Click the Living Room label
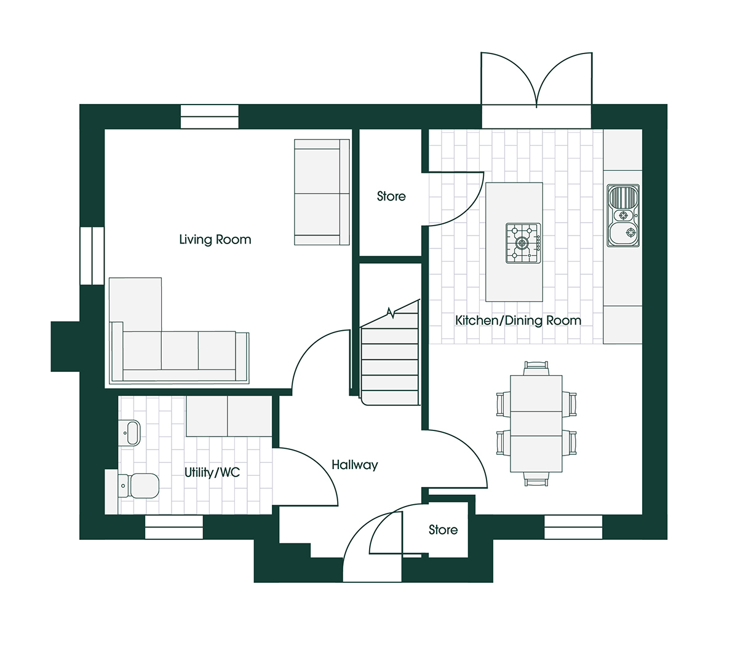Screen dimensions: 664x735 (215, 240)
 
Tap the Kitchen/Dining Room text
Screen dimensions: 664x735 (518, 320)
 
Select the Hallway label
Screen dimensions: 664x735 (354, 465)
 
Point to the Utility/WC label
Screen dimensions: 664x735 (212, 472)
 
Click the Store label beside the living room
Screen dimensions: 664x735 (391, 196)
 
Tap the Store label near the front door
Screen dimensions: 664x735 (443, 529)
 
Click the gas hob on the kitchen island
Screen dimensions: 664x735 (523, 243)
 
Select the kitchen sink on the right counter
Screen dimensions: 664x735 (624, 215)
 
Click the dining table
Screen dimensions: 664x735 (536, 424)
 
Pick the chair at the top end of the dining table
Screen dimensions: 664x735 (536, 368)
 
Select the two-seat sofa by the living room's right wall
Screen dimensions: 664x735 (319, 192)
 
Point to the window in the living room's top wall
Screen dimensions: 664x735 (209, 117)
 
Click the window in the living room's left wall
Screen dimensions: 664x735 (92, 256)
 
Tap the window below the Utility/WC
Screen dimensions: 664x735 (173, 527)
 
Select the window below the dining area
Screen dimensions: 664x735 (573, 527)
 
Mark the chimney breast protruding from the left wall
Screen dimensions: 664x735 (65, 346)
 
